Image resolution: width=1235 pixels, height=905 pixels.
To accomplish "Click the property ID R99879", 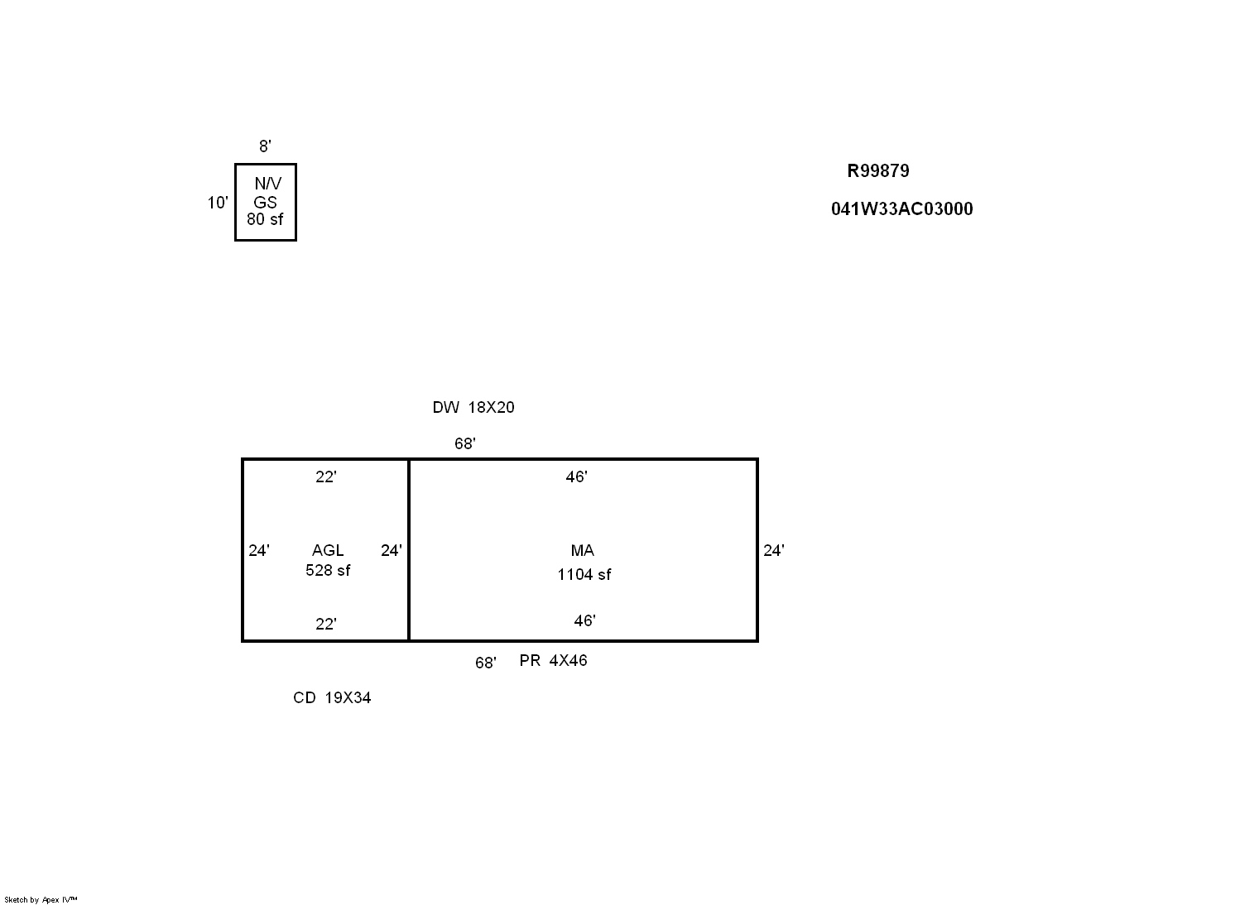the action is tap(877, 171).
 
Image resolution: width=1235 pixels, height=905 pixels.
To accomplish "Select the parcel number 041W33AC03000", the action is tap(902, 209).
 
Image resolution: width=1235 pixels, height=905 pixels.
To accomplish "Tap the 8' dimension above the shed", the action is tap(265, 146).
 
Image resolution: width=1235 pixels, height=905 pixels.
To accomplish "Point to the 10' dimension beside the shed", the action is tap(218, 203).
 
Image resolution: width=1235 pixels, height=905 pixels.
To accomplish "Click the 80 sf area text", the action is tap(265, 219).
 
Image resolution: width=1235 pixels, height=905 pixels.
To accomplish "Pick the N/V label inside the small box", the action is tap(268, 184).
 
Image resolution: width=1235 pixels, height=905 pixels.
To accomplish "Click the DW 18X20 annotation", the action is tap(473, 407).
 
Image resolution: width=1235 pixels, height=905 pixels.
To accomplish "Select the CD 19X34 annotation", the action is tap(332, 697).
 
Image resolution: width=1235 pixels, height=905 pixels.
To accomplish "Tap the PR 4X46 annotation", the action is tap(554, 660).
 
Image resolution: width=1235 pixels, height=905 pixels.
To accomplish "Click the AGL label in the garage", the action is tap(328, 550).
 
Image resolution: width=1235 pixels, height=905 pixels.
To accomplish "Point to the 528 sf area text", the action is tap(328, 571).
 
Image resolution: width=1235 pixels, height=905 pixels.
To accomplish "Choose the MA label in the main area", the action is tap(583, 550).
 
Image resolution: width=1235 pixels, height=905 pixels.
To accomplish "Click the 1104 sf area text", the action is tap(584, 575).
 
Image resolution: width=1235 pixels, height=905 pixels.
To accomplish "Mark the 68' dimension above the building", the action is tap(465, 443).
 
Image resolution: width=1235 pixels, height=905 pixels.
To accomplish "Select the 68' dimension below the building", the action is tap(486, 663).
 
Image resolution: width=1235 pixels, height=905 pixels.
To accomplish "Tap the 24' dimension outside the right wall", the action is tap(774, 550).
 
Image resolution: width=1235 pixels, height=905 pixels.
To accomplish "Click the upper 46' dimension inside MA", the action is tap(577, 476).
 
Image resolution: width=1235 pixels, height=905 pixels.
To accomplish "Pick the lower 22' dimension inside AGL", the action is tap(326, 624).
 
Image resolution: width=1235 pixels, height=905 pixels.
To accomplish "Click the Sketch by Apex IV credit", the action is tap(41, 899).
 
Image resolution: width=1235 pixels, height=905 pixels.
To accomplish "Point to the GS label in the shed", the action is tap(265, 203).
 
